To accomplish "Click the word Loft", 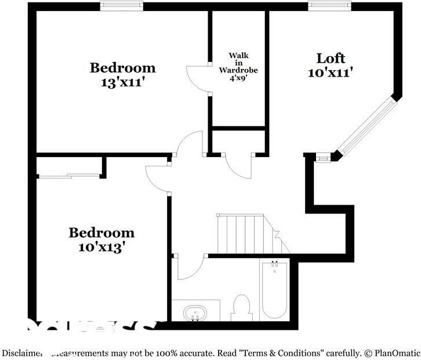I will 331,58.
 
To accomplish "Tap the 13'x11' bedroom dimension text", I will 122,82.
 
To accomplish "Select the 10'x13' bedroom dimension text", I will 101,247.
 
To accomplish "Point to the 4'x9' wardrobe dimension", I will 238,78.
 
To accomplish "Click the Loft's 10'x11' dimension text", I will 331,72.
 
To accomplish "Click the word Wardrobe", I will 238,70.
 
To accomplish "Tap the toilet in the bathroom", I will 241,307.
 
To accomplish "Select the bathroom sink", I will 195,313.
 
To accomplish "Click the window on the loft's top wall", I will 329,6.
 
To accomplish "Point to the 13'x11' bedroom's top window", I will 122,6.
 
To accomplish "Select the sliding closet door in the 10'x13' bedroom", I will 68,174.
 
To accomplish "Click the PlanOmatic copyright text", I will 389,352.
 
